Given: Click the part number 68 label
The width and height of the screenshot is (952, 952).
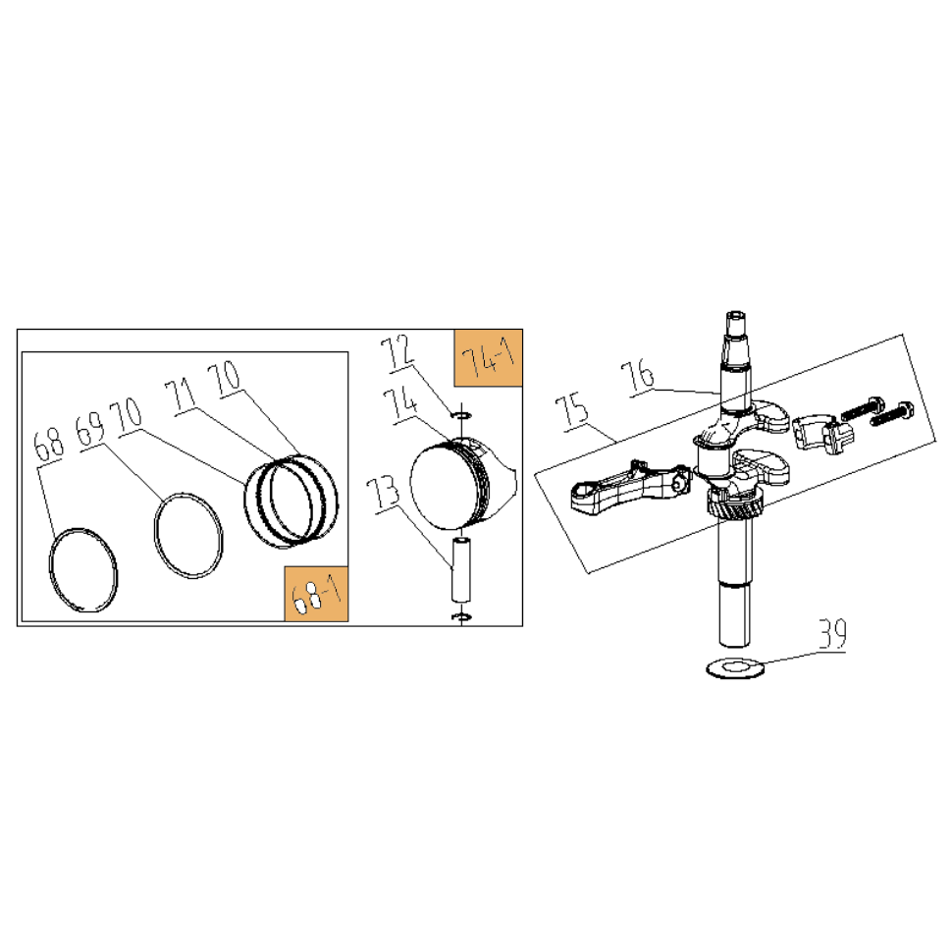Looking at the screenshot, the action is (48, 445).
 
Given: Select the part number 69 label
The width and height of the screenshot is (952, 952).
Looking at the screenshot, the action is (90, 430).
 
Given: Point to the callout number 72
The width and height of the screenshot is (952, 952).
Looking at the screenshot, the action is (397, 352).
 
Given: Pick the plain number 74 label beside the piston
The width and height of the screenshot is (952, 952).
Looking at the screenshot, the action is (400, 404).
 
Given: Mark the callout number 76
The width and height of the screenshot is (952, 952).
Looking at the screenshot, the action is (638, 377).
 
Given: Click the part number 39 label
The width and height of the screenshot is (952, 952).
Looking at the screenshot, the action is (832, 634).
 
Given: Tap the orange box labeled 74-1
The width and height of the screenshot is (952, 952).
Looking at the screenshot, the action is (488, 358).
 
